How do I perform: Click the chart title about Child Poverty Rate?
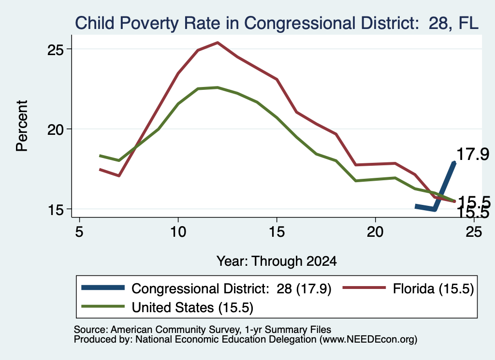pyautogui.click(x=277, y=23)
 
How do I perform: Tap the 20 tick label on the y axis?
pyautogui.click(x=56, y=130)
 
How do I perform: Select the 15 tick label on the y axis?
pyautogui.click(x=56, y=210)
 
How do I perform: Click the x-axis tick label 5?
pyautogui.click(x=79, y=232)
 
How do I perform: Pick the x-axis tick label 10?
pyautogui.click(x=178, y=232)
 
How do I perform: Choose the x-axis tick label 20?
pyautogui.click(x=375, y=232)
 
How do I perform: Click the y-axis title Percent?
pyautogui.click(x=22, y=126)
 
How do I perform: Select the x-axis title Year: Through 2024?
pyautogui.click(x=277, y=261)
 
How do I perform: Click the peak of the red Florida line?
pyautogui.click(x=218, y=42)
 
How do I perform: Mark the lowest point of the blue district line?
pyautogui.click(x=435, y=210)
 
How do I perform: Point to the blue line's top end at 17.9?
pyautogui.click(x=454, y=163)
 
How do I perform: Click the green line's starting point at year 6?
pyautogui.click(x=100, y=156)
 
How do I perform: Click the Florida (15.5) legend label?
pyautogui.click(x=434, y=288)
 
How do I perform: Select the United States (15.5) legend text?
pyautogui.click(x=192, y=307)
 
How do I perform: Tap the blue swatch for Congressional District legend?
pyautogui.click(x=103, y=288)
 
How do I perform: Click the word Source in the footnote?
pyautogui.click(x=91, y=330)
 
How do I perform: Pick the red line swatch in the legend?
pyautogui.click(x=364, y=288)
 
